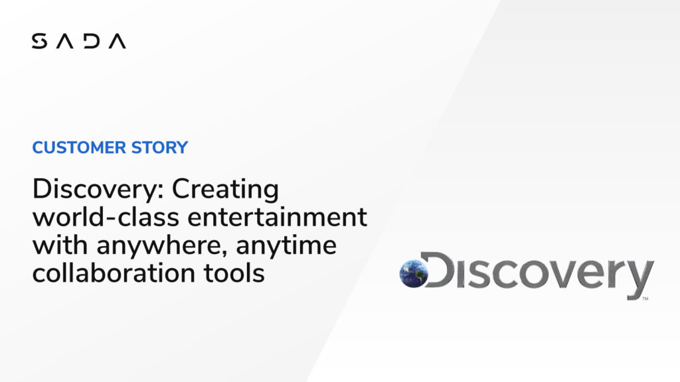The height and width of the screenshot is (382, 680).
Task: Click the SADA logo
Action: (79, 40)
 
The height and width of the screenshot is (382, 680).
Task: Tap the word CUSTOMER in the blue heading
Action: (80, 147)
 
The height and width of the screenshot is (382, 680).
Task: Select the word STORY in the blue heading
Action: (159, 147)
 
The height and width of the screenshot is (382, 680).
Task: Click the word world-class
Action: (106, 217)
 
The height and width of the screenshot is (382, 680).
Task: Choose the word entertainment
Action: (277, 218)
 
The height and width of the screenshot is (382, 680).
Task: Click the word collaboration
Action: (114, 273)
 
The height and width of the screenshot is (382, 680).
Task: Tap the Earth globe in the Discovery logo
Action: (413, 273)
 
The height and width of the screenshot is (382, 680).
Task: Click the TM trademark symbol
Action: (645, 298)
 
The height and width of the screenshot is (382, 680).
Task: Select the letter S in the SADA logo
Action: (39, 40)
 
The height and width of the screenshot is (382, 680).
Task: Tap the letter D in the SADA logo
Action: (92, 40)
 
